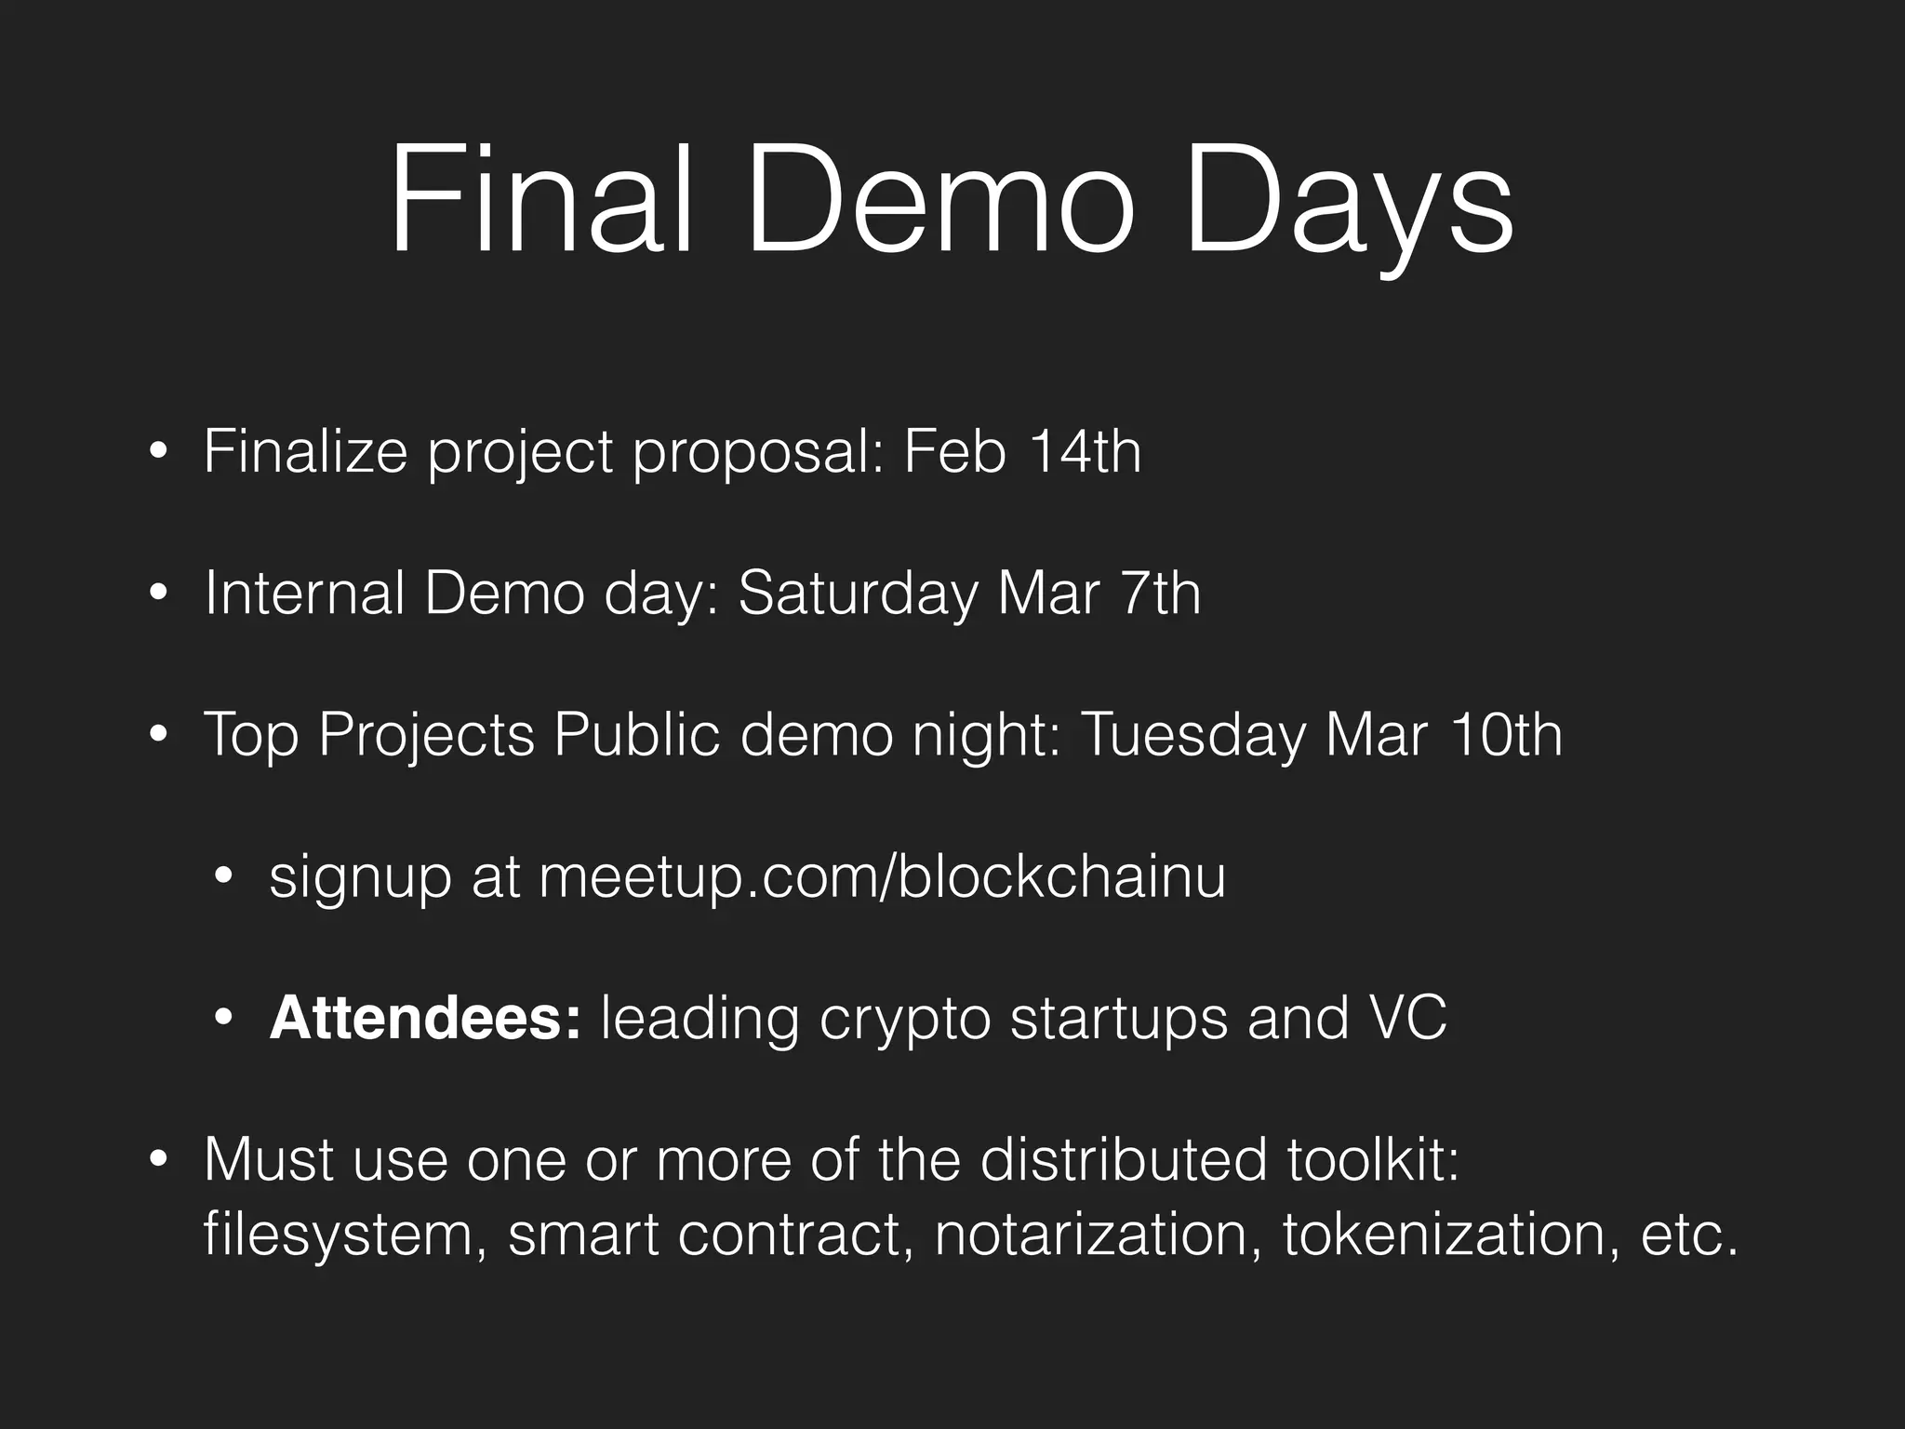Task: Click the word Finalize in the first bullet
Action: pos(305,452)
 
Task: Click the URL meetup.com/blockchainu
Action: pos(882,876)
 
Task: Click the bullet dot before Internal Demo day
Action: pos(158,594)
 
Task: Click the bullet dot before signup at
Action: pos(223,876)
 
